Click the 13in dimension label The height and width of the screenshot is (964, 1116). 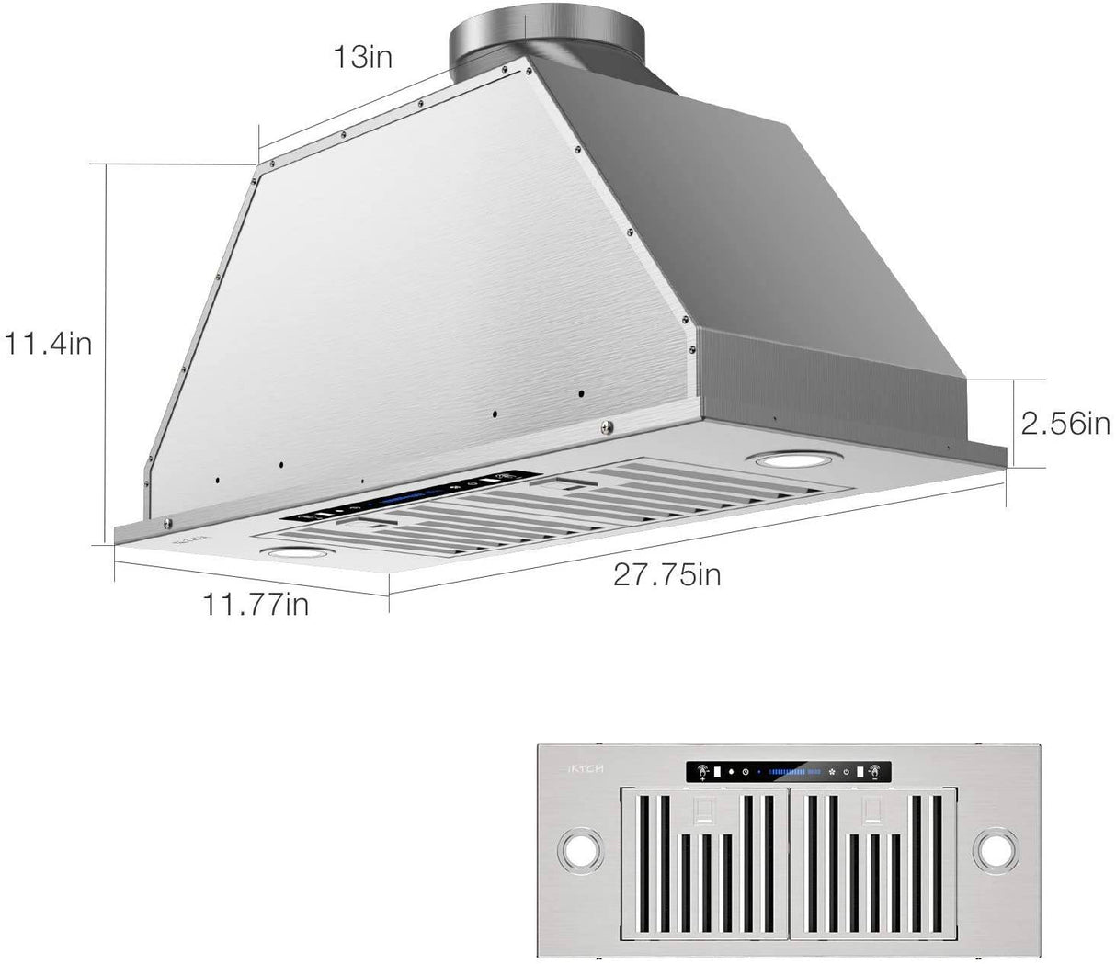point(362,57)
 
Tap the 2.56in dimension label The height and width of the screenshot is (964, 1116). point(1066,424)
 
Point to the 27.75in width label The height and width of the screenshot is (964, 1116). point(667,575)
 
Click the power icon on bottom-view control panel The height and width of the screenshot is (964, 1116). point(846,772)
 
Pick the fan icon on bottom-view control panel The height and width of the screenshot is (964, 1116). point(832,772)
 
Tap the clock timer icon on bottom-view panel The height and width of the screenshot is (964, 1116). point(746,772)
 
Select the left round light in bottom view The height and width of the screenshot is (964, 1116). point(578,853)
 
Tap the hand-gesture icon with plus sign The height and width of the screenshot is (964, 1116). point(701,772)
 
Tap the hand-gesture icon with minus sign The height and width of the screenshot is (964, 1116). point(874,772)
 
